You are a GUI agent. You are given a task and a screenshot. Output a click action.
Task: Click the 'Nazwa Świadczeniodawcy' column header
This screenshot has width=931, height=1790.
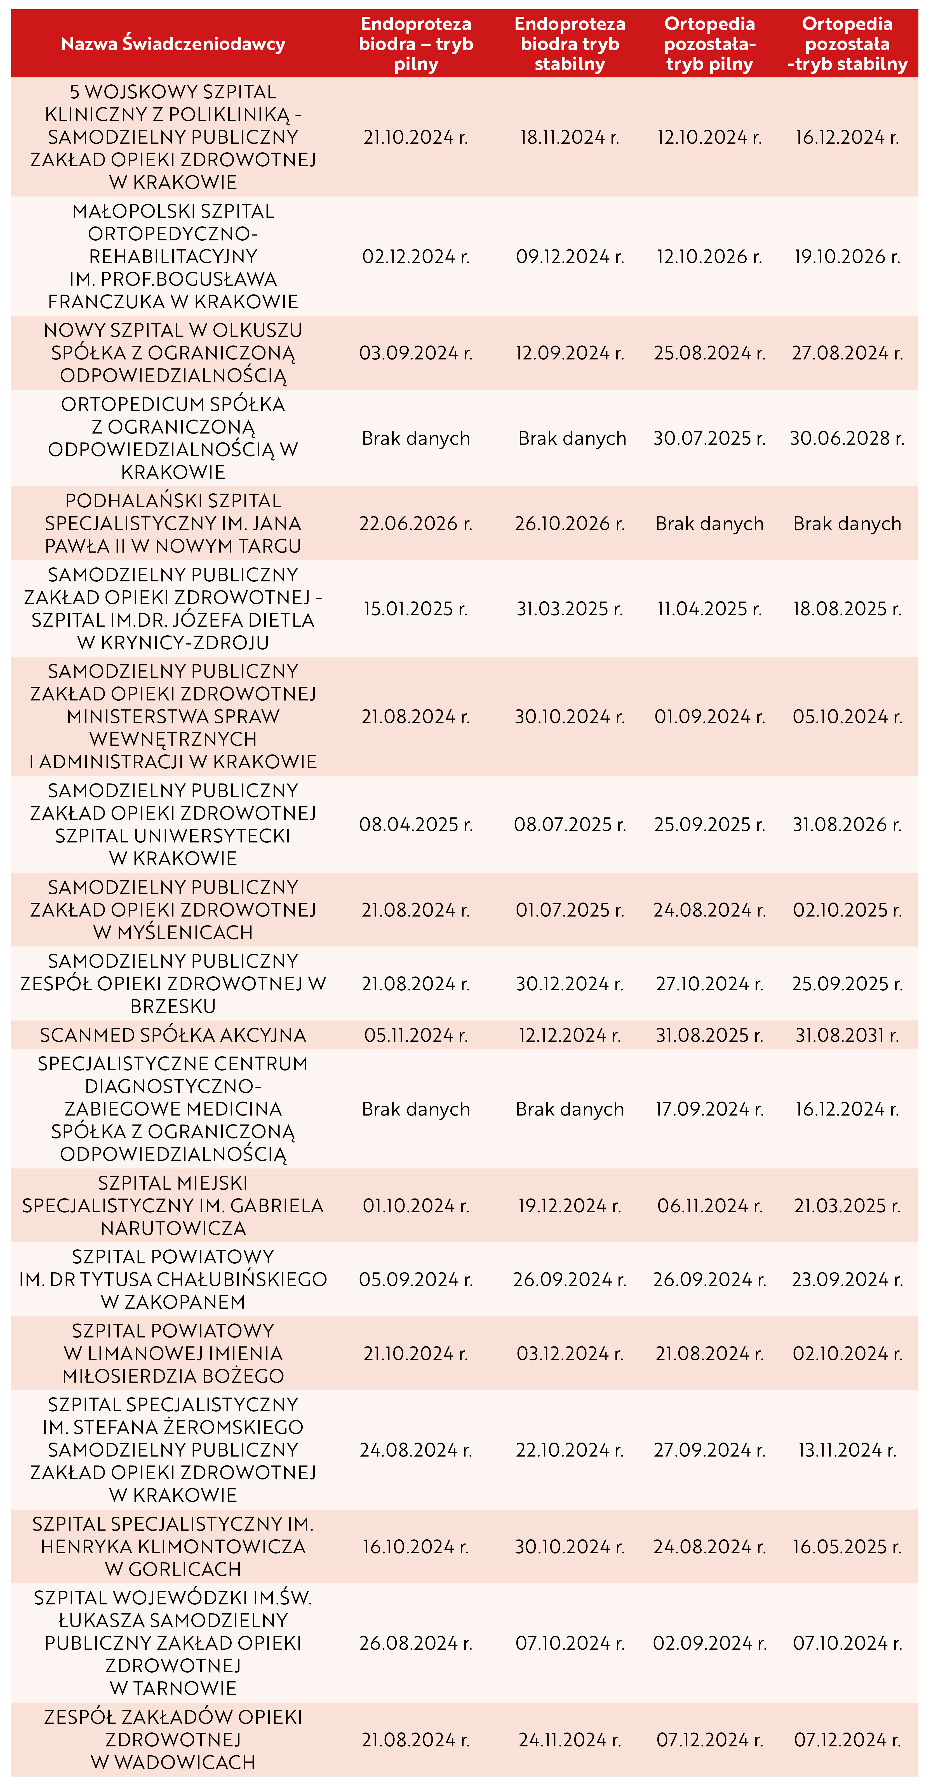(173, 44)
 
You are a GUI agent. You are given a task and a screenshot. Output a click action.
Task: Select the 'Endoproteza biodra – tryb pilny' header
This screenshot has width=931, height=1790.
(416, 44)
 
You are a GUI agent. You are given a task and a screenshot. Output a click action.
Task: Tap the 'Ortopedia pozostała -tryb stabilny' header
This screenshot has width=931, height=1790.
(847, 44)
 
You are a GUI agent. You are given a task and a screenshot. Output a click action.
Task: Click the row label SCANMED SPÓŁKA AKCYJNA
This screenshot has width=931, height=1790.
(173, 1035)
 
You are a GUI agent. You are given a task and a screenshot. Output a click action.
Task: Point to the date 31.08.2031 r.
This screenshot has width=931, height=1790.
(847, 1035)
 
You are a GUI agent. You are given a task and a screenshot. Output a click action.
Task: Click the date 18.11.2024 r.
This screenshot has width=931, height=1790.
(570, 137)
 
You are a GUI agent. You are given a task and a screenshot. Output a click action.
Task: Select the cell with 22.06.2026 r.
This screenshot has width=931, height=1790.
(416, 523)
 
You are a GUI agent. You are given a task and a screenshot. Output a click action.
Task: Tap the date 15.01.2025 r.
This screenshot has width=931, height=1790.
(416, 609)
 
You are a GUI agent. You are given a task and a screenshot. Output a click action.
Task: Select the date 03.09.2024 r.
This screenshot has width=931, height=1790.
(416, 353)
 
